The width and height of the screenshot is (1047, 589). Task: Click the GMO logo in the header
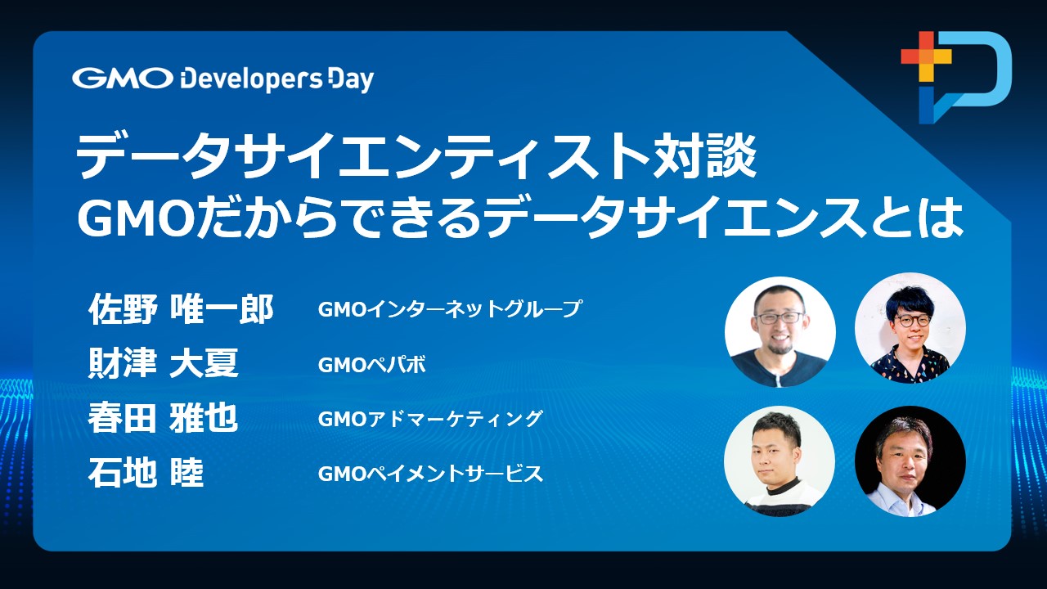(123, 78)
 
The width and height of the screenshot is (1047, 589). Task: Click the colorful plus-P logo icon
(956, 77)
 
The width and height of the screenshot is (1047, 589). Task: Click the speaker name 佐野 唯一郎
(181, 309)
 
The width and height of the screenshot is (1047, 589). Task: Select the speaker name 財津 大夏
(163, 362)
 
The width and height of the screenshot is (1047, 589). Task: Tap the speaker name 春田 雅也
(163, 417)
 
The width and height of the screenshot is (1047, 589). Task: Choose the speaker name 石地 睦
(146, 473)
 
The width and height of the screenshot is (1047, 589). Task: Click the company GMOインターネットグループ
(450, 309)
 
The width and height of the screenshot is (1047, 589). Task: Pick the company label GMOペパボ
(371, 365)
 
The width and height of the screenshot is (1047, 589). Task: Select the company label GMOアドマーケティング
(430, 419)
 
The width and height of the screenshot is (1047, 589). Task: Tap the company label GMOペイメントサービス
(430, 474)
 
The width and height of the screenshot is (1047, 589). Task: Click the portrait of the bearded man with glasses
(780, 332)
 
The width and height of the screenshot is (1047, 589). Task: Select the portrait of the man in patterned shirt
(910, 328)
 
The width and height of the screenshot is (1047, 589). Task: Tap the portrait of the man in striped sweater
(780, 461)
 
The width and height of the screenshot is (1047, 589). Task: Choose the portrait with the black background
(910, 461)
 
